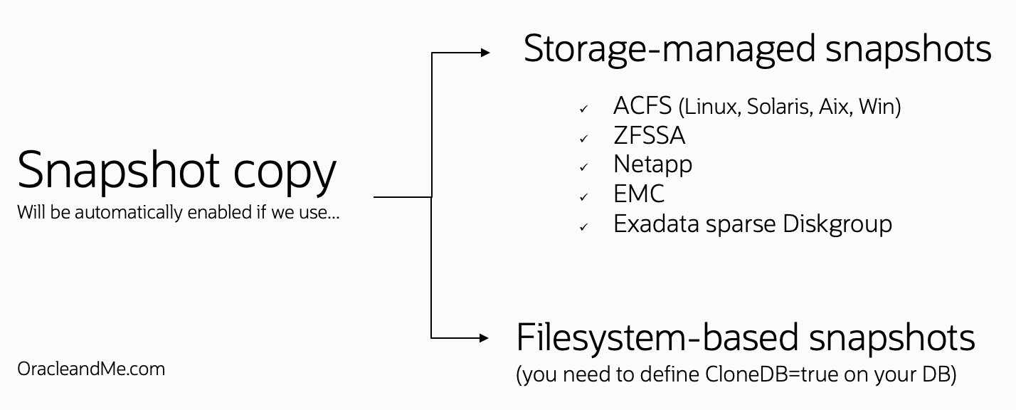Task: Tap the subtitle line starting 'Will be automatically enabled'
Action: pos(178,212)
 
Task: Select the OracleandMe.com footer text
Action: pos(91,369)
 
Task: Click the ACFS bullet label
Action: pos(642,106)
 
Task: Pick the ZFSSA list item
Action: pos(649,135)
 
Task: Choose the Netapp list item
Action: pos(652,164)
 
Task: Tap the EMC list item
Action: pos(638,194)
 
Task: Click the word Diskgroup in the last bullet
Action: pos(837,224)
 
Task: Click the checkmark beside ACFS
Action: pos(583,110)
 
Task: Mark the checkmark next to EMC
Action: pos(583,197)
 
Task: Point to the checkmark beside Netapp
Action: pos(583,168)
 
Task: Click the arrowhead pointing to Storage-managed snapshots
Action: pos(485,52)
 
